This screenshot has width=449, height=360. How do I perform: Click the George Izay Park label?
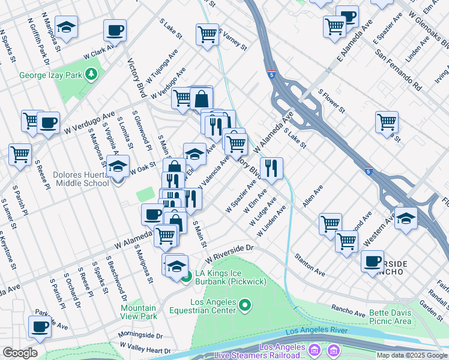(x=50, y=75)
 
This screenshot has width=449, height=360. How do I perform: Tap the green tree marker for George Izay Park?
(x=91, y=74)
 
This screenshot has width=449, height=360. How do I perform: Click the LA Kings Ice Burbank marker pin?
(x=187, y=277)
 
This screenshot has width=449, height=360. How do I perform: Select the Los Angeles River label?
(x=316, y=331)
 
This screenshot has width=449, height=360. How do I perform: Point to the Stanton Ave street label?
(x=309, y=265)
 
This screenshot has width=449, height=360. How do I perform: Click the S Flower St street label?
(x=331, y=102)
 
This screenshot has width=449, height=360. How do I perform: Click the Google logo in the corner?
(x=20, y=353)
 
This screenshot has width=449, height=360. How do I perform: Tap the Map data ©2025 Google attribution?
(x=412, y=355)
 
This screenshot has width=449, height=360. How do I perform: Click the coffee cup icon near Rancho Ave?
(x=373, y=261)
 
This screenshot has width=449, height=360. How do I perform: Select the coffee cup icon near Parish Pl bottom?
(x=40, y=327)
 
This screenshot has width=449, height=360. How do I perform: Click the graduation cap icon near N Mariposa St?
(x=66, y=27)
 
